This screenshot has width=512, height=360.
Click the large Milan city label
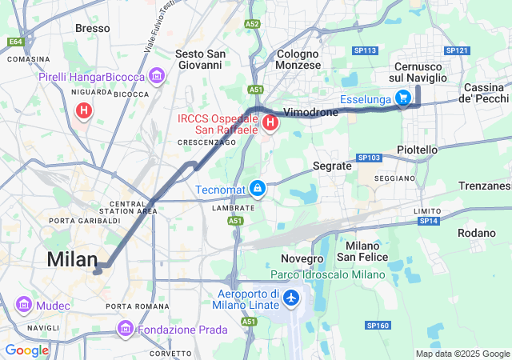[x=72, y=259]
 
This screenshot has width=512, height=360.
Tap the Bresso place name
[x=92, y=28]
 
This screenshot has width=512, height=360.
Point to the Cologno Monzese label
[x=298, y=58]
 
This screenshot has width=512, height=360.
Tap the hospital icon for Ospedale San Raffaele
[x=270, y=123]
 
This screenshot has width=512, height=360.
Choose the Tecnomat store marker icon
[x=258, y=189]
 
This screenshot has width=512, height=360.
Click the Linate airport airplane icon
[x=290, y=299]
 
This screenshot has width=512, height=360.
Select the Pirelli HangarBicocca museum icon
[x=156, y=77]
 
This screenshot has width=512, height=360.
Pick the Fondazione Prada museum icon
[x=126, y=329]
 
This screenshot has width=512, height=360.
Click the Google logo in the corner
[x=26, y=350]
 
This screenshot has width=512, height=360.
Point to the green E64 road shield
[x=16, y=42]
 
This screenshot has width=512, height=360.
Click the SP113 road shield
[x=366, y=50]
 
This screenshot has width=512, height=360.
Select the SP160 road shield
[x=378, y=326]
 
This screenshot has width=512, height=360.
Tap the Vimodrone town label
[x=311, y=113]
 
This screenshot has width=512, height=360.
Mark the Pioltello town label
[x=418, y=150]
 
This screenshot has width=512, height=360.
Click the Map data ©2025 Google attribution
[x=462, y=354]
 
